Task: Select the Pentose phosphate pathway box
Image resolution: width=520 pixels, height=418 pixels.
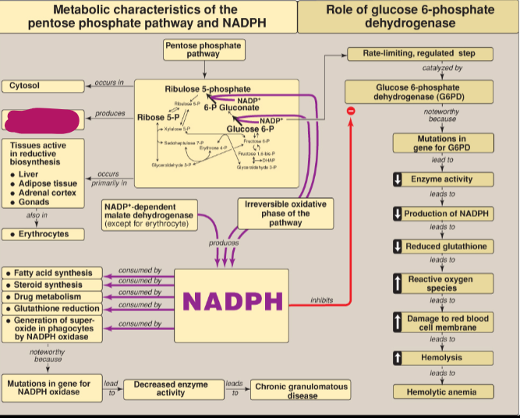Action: [203, 50]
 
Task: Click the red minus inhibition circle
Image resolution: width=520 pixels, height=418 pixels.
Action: [351, 112]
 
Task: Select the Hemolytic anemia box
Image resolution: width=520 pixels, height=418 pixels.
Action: [441, 391]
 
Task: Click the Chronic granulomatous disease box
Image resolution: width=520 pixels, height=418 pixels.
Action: [302, 390]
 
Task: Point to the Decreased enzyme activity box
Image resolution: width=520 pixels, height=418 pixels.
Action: [171, 388]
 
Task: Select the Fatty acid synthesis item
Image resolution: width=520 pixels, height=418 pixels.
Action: [53, 274]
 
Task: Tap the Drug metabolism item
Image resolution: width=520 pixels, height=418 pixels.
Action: [53, 297]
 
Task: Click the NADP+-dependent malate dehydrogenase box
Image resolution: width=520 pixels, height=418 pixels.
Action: [149, 215]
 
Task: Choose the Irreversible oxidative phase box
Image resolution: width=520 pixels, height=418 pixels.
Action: [285, 212]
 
